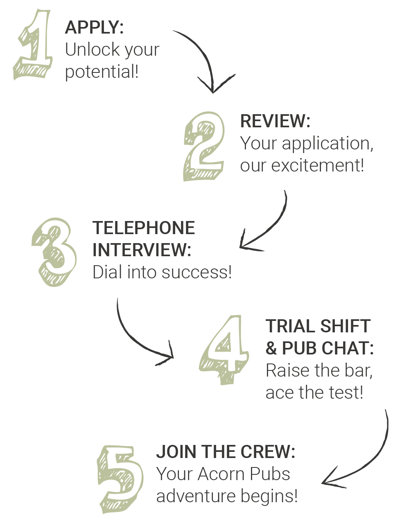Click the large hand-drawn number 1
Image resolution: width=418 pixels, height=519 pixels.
tap(34, 45)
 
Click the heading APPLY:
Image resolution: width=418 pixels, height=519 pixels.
tap(94, 27)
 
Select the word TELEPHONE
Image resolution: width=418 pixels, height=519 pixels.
tap(144, 228)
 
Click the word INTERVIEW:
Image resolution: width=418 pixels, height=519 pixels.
tap(142, 250)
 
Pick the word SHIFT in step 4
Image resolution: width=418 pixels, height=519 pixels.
tap(345, 326)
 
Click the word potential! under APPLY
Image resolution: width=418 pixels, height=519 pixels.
tap(102, 72)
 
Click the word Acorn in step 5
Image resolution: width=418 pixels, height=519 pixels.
tap(223, 474)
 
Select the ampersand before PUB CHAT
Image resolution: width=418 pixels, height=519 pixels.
tap(271, 348)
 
